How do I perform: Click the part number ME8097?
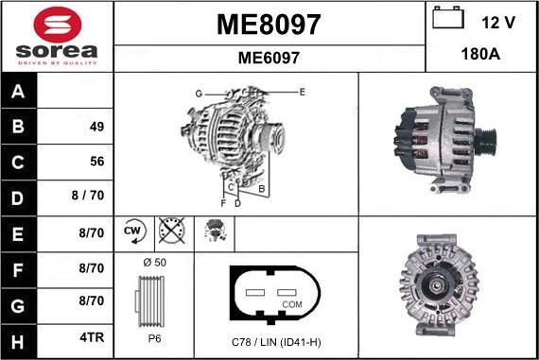[x=269, y=24]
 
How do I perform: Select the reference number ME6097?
[x=269, y=58]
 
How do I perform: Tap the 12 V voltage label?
[x=499, y=22]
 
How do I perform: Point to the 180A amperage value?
[x=481, y=56]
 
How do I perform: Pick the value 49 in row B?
[x=96, y=127]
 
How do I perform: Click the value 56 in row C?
[x=96, y=162]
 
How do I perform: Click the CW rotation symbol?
[x=132, y=231]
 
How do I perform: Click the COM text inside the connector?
[x=291, y=304]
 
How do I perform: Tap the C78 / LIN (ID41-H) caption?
[x=276, y=340]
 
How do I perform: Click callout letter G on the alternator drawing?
[x=199, y=94]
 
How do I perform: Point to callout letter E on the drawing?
[x=302, y=92]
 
